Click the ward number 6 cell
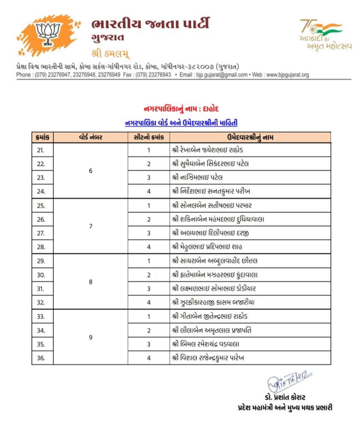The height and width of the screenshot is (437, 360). [x=90, y=171]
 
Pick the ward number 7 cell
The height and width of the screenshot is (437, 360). [x=90, y=226]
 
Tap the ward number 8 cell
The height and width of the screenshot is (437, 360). [x=90, y=282]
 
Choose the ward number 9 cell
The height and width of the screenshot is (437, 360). [x=90, y=337]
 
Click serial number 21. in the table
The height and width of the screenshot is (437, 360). [x=41, y=150]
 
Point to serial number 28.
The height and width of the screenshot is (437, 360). [x=41, y=247]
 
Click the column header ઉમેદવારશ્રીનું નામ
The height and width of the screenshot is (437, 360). [x=250, y=137]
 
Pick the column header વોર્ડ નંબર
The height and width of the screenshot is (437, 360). [x=90, y=137]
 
